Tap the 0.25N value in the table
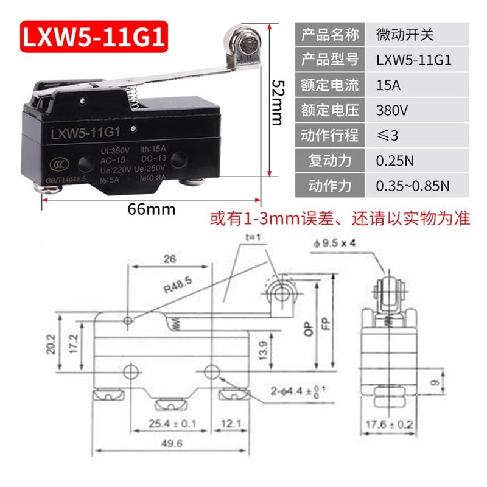(395, 161)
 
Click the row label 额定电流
(329, 85)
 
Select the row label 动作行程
(329, 135)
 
